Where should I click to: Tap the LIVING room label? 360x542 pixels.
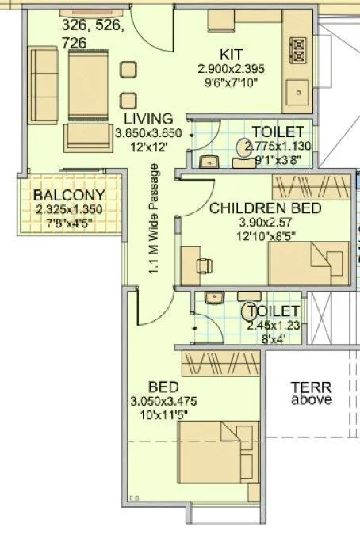[x=142, y=119]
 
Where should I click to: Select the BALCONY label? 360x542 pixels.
[x=69, y=196]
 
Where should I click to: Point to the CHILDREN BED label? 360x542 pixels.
[x=265, y=208]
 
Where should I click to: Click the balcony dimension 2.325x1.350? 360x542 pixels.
[x=69, y=210]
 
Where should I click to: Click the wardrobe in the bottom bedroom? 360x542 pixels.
[x=219, y=363]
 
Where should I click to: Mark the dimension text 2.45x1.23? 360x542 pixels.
[x=273, y=325]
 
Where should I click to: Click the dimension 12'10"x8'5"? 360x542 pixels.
[x=265, y=235]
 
